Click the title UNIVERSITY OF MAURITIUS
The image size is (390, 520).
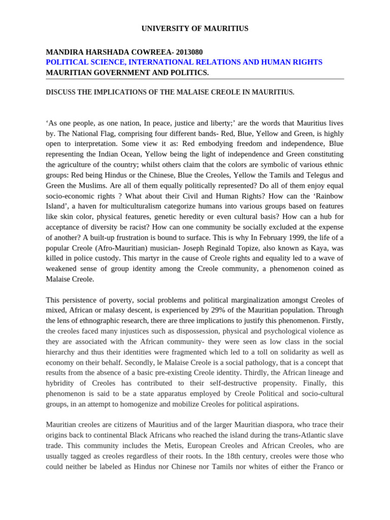(194, 28)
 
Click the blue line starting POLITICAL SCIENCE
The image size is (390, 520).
(184, 62)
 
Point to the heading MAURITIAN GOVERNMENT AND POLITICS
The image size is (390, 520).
(127, 73)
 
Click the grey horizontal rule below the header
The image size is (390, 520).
(194, 79)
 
